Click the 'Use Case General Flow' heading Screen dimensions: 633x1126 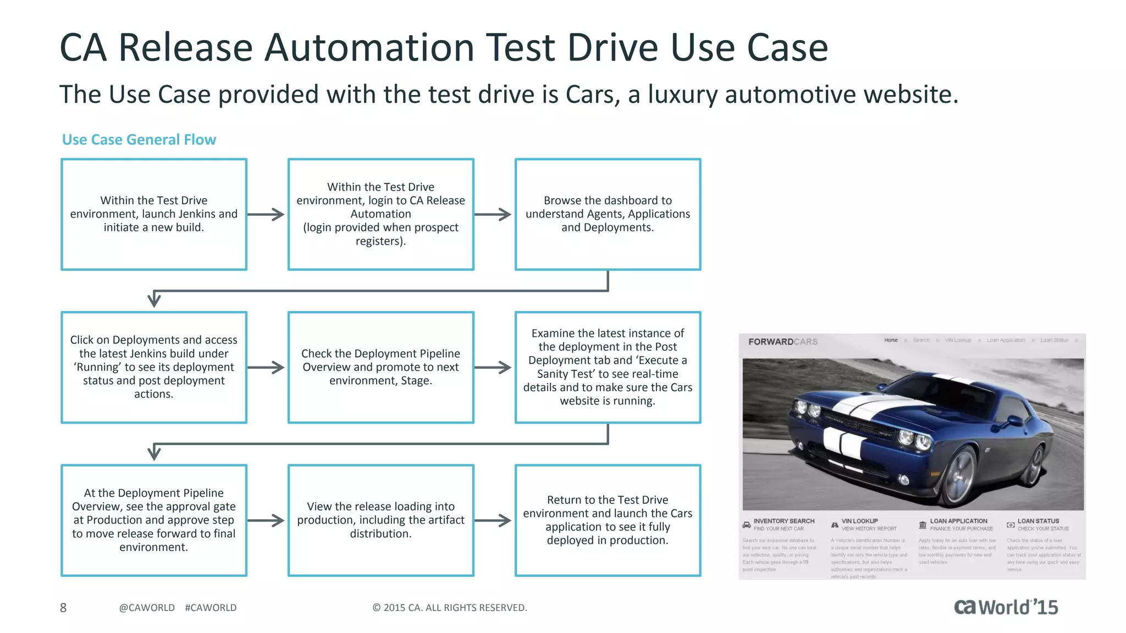(139, 140)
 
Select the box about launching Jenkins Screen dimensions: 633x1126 (154, 214)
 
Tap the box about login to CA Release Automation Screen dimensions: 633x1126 (380, 214)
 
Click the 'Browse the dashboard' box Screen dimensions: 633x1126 (608, 214)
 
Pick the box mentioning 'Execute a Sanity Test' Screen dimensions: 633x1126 (608, 367)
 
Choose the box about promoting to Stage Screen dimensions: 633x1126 (380, 367)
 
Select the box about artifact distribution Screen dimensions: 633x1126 (380, 520)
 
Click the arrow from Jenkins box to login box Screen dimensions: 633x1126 (266, 214)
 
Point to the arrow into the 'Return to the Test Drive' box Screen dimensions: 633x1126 (493, 520)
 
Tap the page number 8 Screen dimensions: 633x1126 (63, 608)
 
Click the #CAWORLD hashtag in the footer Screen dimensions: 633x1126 (211, 608)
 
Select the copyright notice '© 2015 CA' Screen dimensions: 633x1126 (449, 608)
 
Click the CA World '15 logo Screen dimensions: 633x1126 (1006, 607)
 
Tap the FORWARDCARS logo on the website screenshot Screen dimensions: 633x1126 (783, 342)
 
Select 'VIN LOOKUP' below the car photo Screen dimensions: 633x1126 (859, 521)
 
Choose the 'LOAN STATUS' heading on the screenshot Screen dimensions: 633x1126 (1037, 521)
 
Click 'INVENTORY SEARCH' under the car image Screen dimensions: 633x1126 (783, 521)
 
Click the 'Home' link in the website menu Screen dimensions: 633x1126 (891, 340)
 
